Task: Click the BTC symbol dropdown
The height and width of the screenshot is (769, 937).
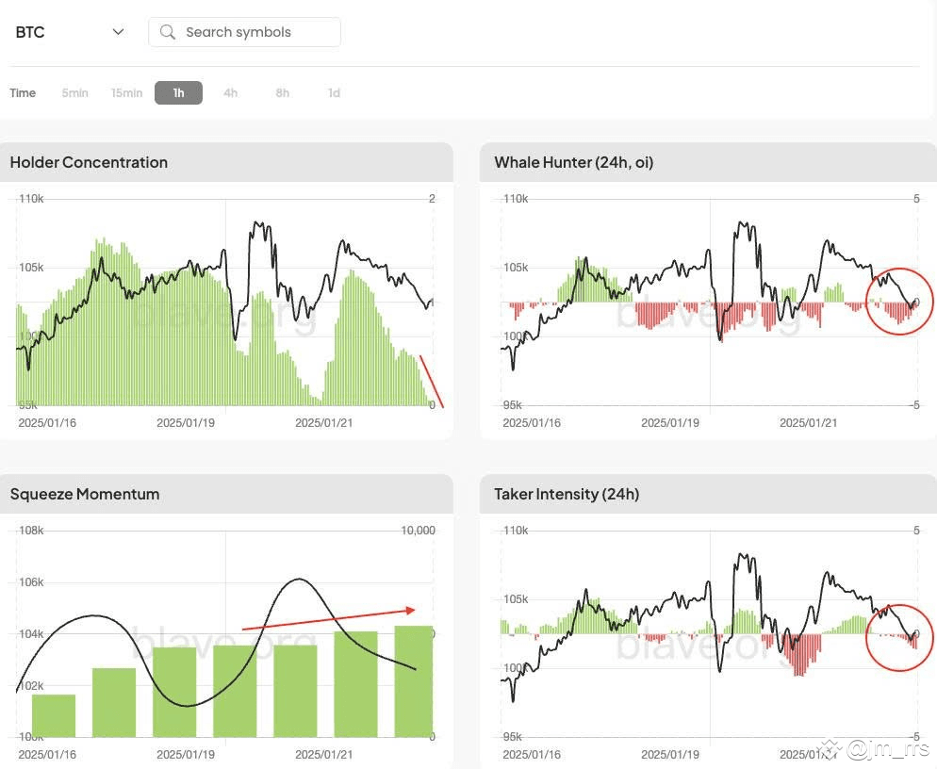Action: click(70, 32)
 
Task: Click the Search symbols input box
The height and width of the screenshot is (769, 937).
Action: click(245, 32)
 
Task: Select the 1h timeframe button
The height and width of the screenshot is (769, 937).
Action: click(178, 92)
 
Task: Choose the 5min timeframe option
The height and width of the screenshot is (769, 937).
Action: click(74, 92)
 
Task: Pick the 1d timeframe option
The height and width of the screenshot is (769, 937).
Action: click(334, 92)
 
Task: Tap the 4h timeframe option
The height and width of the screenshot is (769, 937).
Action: click(230, 92)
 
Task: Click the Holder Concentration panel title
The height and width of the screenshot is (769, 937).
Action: click(89, 162)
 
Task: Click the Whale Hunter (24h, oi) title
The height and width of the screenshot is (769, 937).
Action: click(573, 162)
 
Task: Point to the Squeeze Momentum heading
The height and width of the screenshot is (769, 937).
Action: click(84, 494)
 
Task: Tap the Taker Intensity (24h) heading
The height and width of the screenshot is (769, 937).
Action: click(566, 494)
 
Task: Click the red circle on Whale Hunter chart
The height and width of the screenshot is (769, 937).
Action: click(899, 302)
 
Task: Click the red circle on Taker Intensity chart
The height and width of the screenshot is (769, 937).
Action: click(899, 637)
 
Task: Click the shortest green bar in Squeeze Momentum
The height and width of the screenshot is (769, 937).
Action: click(53, 715)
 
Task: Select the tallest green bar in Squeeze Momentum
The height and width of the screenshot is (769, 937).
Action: click(413, 680)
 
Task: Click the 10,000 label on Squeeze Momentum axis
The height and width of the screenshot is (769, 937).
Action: click(418, 531)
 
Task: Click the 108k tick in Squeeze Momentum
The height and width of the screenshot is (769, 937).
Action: click(31, 531)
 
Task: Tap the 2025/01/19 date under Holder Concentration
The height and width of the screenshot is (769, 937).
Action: click(185, 422)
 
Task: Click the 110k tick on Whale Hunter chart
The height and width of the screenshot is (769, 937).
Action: click(515, 199)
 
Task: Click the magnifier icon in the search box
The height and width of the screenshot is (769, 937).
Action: click(168, 32)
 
